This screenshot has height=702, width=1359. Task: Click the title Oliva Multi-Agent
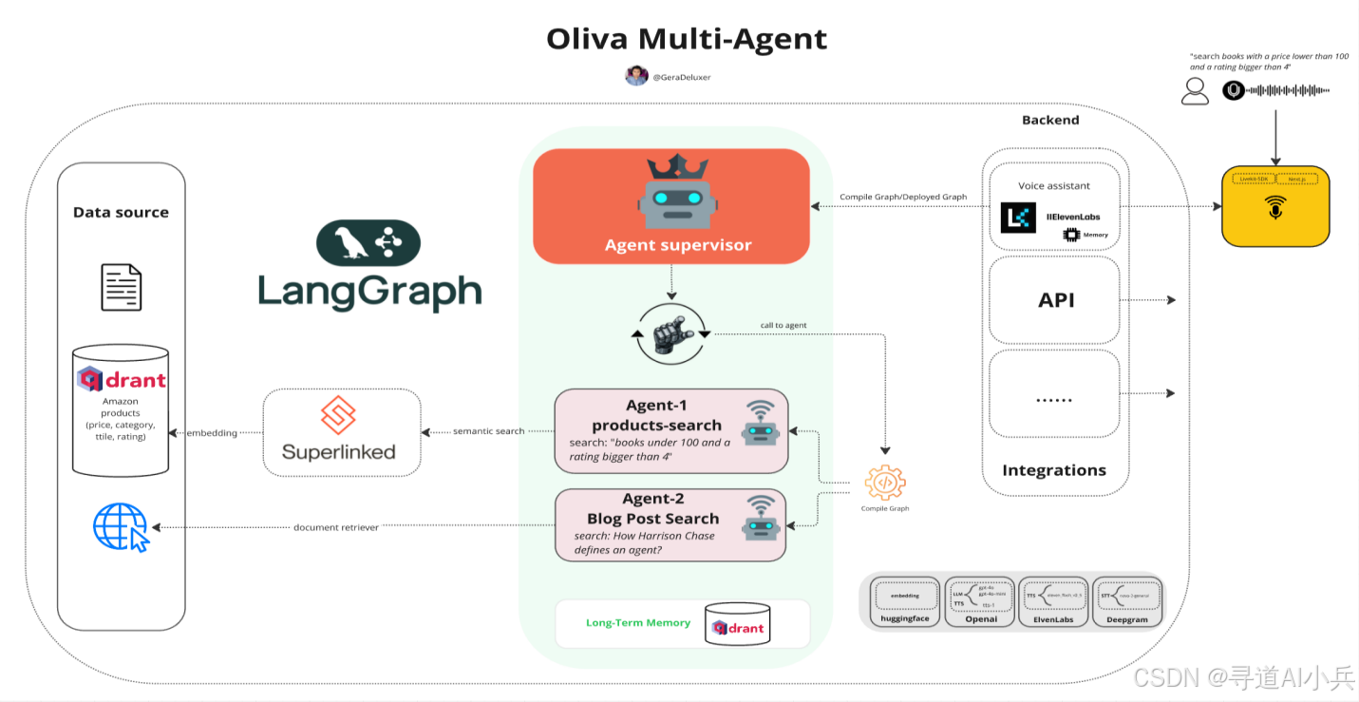click(x=686, y=39)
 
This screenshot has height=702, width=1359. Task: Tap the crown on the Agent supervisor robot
click(x=677, y=166)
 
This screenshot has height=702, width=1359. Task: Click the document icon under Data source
click(x=122, y=287)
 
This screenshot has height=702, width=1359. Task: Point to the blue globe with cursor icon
click(x=121, y=527)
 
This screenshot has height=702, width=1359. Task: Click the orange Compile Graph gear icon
click(x=884, y=483)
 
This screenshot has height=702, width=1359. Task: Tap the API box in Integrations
click(x=1056, y=300)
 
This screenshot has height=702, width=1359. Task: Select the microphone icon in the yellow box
click(x=1274, y=209)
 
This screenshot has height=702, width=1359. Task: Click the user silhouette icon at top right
click(x=1195, y=90)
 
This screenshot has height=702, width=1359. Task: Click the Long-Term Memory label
click(x=637, y=623)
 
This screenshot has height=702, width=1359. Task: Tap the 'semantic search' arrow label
click(x=488, y=431)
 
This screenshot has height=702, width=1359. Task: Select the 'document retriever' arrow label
click(x=335, y=527)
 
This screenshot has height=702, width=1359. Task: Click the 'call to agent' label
click(x=783, y=325)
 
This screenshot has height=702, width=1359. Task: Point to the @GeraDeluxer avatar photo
click(x=636, y=76)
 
